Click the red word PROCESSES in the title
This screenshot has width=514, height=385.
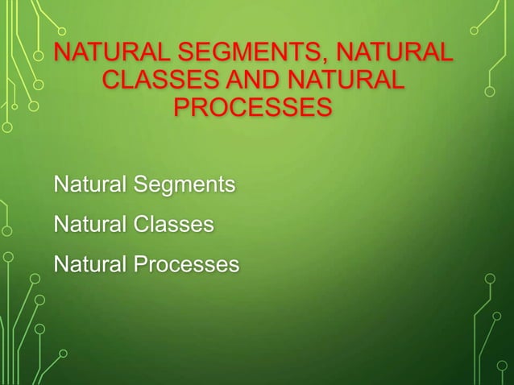[252, 107]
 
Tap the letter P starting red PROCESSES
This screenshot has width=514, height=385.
[182, 107]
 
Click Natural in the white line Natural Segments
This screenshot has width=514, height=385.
[89, 185]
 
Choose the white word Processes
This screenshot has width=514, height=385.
[186, 263]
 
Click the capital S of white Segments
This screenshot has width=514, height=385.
[139, 185]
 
